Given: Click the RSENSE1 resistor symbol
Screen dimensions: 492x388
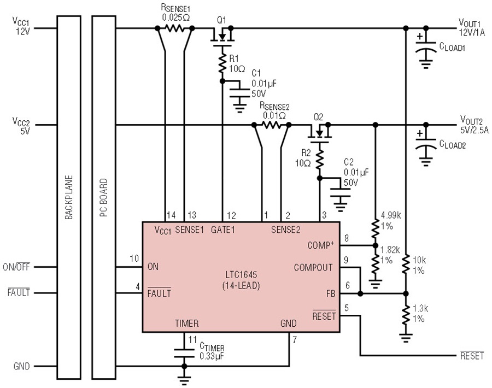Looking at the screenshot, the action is pyautogui.click(x=175, y=28).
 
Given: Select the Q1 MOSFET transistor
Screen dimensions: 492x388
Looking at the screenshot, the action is pyautogui.click(x=222, y=36).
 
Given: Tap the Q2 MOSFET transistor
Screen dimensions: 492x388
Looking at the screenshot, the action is pyautogui.click(x=319, y=133).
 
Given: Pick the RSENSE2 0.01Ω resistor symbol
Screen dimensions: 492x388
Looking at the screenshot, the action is pyautogui.click(x=272, y=125).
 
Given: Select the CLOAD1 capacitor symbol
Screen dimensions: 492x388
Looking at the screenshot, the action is pyautogui.click(x=426, y=51).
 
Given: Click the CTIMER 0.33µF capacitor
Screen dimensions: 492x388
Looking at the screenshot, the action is pyautogui.click(x=184, y=353).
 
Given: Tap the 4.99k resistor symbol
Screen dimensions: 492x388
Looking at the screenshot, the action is pyautogui.click(x=375, y=228).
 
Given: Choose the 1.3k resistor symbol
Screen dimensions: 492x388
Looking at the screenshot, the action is pyautogui.click(x=406, y=315).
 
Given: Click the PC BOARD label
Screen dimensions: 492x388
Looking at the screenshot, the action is pyautogui.click(x=103, y=197).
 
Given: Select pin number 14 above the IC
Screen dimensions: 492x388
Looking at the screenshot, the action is pyautogui.click(x=171, y=215).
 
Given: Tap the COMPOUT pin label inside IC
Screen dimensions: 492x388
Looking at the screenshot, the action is pyautogui.click(x=313, y=268).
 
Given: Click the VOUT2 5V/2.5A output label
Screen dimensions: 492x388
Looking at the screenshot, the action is pyautogui.click(x=474, y=125).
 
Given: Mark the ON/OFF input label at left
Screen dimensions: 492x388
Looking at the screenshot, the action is pyautogui.click(x=16, y=267).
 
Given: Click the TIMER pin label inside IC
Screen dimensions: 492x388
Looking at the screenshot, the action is pyautogui.click(x=187, y=323).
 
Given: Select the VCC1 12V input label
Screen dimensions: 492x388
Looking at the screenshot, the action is pyautogui.click(x=21, y=26).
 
